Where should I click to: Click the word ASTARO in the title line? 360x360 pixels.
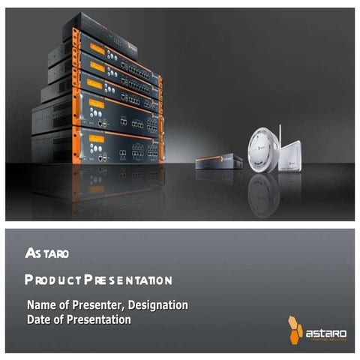(x=47, y=253)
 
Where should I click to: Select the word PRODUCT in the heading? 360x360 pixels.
(x=52, y=280)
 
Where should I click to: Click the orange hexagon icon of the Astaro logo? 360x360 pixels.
(x=295, y=329)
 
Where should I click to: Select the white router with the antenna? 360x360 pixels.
(x=289, y=155)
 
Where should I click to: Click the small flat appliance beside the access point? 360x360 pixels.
(x=218, y=160)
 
